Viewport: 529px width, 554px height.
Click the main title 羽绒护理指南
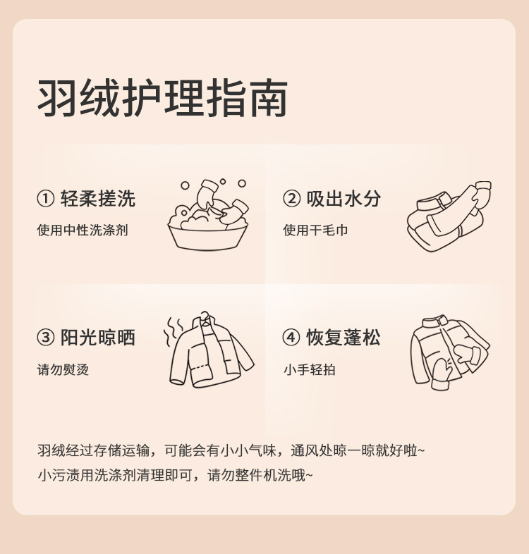[x=162, y=98]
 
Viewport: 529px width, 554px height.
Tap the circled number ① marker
[x=46, y=199]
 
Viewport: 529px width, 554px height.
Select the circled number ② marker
[x=291, y=199]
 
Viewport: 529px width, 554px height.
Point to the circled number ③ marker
[x=46, y=338]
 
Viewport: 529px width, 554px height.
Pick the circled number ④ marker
[x=291, y=338]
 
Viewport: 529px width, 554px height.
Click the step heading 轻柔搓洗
[x=98, y=199]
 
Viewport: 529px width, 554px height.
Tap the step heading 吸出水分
[x=343, y=199]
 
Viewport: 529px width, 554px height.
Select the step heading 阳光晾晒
[x=98, y=337]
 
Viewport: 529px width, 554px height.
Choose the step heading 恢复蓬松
[x=343, y=337]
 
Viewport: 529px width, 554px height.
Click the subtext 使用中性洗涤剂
[x=83, y=230]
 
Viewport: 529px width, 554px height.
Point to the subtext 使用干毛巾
[x=315, y=230]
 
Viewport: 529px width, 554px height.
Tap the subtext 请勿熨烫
[x=63, y=369]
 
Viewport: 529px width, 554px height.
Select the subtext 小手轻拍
[x=310, y=369]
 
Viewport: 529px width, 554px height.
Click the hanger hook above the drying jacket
[x=205, y=316]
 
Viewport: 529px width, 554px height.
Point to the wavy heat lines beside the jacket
[x=173, y=331]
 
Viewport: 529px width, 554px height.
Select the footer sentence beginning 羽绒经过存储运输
[x=231, y=450]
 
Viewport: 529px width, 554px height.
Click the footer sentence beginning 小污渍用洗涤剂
[x=175, y=475]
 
